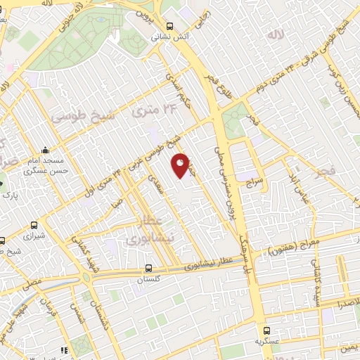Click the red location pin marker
(x=181, y=165)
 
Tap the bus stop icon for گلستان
(x=148, y=268)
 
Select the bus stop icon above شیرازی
(x=34, y=226)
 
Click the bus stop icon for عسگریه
(x=266, y=330)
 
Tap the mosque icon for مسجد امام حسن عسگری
(x=46, y=150)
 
